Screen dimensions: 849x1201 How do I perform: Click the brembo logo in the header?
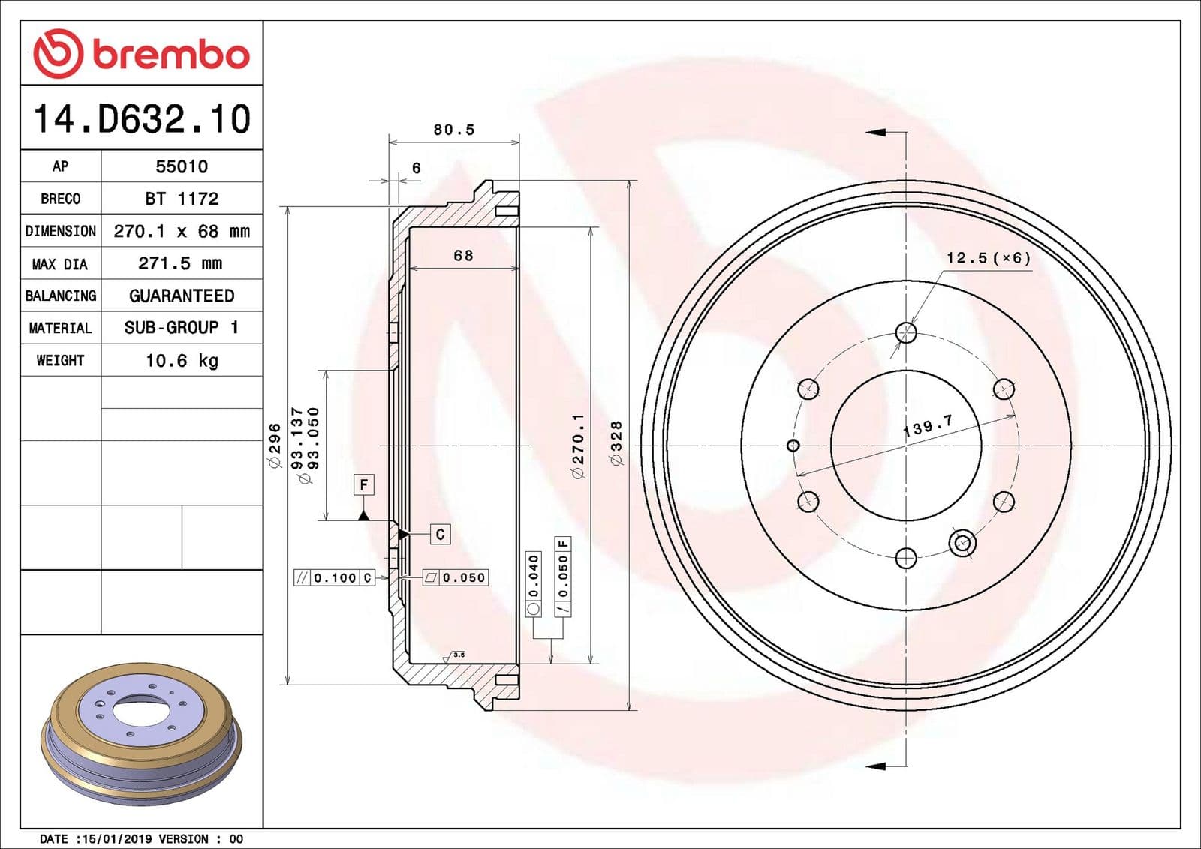141,53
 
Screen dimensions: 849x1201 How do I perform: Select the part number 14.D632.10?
141,119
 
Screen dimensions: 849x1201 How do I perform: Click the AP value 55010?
182,166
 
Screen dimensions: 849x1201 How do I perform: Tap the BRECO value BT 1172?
182,199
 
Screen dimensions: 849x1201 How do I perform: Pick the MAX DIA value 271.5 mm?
180,263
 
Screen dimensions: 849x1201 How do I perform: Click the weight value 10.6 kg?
182,361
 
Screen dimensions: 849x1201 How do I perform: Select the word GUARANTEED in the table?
182,295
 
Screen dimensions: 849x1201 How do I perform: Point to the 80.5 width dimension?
454,130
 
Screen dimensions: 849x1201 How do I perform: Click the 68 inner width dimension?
463,256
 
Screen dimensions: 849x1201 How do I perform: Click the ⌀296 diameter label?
275,445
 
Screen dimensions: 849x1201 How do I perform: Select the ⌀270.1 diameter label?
577,445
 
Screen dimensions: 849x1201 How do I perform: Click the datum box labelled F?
363,484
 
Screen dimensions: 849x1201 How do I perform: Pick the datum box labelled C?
440,534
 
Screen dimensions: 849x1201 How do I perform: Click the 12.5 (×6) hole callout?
988,258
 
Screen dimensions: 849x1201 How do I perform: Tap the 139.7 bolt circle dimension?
928,426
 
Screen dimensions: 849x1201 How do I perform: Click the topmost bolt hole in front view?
906,332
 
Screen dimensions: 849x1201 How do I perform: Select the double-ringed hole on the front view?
962,542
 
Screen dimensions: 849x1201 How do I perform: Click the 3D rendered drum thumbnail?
141,733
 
